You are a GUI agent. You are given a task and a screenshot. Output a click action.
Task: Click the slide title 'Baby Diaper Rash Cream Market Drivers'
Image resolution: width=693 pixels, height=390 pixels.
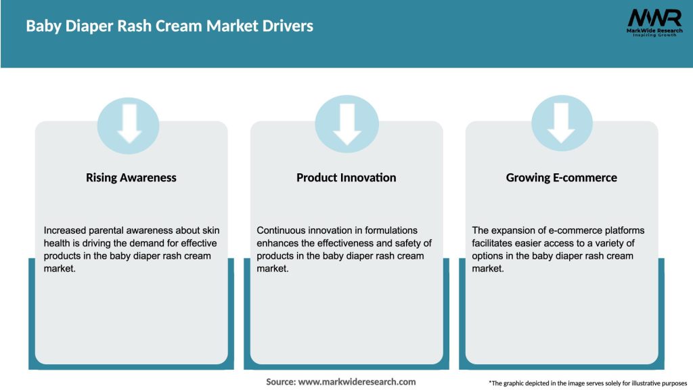point(170,26)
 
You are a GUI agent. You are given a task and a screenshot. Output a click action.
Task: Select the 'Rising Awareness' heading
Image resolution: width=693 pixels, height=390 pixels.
point(131,177)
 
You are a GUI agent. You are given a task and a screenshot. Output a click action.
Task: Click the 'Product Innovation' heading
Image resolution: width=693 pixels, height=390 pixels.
point(346,177)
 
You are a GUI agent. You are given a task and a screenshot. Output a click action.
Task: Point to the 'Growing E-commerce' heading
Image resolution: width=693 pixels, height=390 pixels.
point(561,177)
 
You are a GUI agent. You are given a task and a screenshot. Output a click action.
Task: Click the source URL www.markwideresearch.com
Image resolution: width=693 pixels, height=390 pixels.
point(357,382)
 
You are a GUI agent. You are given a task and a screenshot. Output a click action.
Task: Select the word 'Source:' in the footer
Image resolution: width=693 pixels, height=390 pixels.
point(280,382)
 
